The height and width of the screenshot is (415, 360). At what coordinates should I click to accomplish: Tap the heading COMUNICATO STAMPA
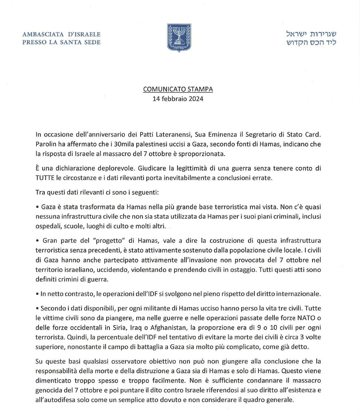(x=178, y=89)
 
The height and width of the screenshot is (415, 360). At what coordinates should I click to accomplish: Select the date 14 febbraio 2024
(x=178, y=99)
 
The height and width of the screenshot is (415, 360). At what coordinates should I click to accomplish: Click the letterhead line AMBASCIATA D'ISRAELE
(x=61, y=34)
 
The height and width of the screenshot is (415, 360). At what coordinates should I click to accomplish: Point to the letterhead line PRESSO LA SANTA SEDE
(x=61, y=42)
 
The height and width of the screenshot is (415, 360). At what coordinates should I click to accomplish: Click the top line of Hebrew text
(x=311, y=34)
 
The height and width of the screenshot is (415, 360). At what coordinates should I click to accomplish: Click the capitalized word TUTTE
(x=45, y=177)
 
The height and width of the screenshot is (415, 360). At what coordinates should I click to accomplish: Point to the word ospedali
(x=46, y=226)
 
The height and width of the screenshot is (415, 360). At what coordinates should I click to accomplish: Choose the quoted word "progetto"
(x=111, y=240)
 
